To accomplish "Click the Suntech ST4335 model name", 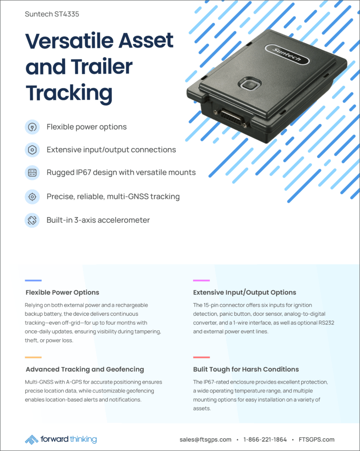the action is (x=52, y=14).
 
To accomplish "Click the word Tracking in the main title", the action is (x=69, y=93).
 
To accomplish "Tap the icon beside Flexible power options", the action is (x=32, y=127).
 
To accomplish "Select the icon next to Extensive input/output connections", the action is (x=32, y=150).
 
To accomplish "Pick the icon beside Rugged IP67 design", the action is (x=32, y=173).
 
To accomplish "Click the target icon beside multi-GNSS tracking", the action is (x=32, y=197).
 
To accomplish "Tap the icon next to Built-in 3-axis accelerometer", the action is (x=32, y=220).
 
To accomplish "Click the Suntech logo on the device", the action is (x=287, y=54).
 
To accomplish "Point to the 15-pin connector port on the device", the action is (x=231, y=117).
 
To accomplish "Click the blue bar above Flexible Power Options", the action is (x=33, y=280).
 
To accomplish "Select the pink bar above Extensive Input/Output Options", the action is (x=201, y=280).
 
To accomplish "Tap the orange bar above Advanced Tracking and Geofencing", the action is (x=33, y=357).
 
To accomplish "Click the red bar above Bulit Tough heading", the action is (x=201, y=357).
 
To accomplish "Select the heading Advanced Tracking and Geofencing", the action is (x=85, y=370).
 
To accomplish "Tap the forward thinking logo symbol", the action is (x=32, y=440).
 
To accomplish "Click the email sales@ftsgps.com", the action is (x=205, y=440).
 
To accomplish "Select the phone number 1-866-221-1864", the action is (x=265, y=440).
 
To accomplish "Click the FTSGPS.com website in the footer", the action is (x=316, y=440).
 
